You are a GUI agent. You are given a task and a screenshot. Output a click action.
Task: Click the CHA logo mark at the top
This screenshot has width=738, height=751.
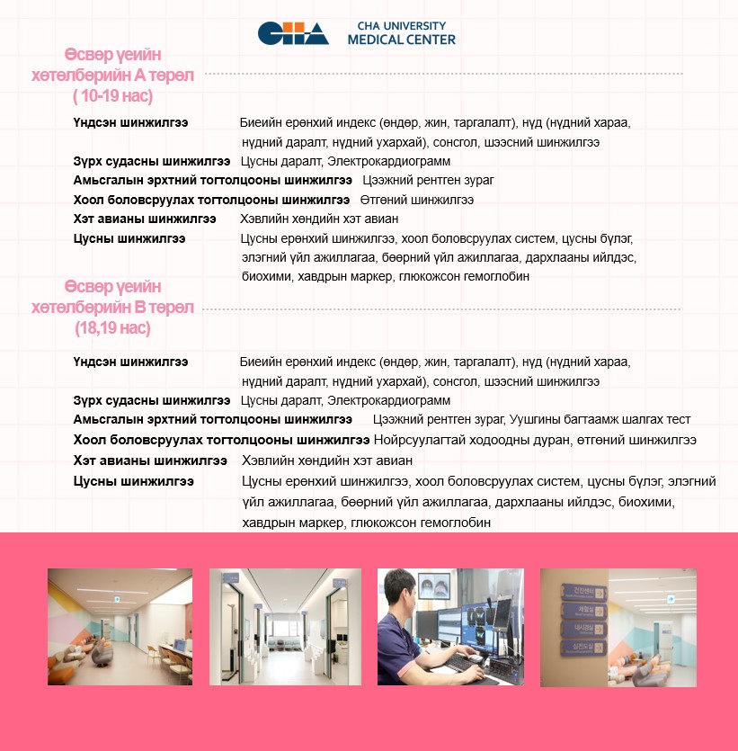(x=293, y=33)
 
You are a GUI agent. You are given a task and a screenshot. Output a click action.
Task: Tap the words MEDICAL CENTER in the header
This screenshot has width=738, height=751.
(x=401, y=40)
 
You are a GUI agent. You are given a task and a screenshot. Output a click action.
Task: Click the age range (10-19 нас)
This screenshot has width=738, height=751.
(x=113, y=95)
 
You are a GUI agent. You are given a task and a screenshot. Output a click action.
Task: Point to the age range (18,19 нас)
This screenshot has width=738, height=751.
(x=112, y=328)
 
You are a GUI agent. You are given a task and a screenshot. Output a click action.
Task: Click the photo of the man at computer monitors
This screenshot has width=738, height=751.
(x=450, y=627)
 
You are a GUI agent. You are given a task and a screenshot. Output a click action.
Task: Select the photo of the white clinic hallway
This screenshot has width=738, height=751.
(x=285, y=627)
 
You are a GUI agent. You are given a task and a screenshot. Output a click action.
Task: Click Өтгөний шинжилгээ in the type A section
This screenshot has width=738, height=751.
(x=416, y=200)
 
